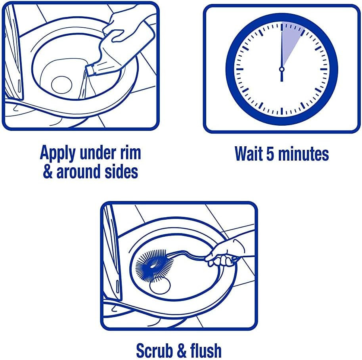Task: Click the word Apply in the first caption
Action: point(58,153)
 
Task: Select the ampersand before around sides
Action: point(48,171)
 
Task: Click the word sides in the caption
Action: point(121,171)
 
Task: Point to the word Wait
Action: point(249,153)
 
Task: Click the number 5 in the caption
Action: point(270,154)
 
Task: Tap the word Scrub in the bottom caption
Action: point(155,350)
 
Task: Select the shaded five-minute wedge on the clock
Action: point(290,39)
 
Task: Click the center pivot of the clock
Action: point(282,69)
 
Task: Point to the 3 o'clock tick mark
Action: point(324,69)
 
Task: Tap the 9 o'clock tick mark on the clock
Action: point(240,69)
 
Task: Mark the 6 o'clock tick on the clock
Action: point(282,111)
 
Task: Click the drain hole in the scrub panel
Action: point(160,286)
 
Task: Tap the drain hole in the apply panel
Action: point(61,85)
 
